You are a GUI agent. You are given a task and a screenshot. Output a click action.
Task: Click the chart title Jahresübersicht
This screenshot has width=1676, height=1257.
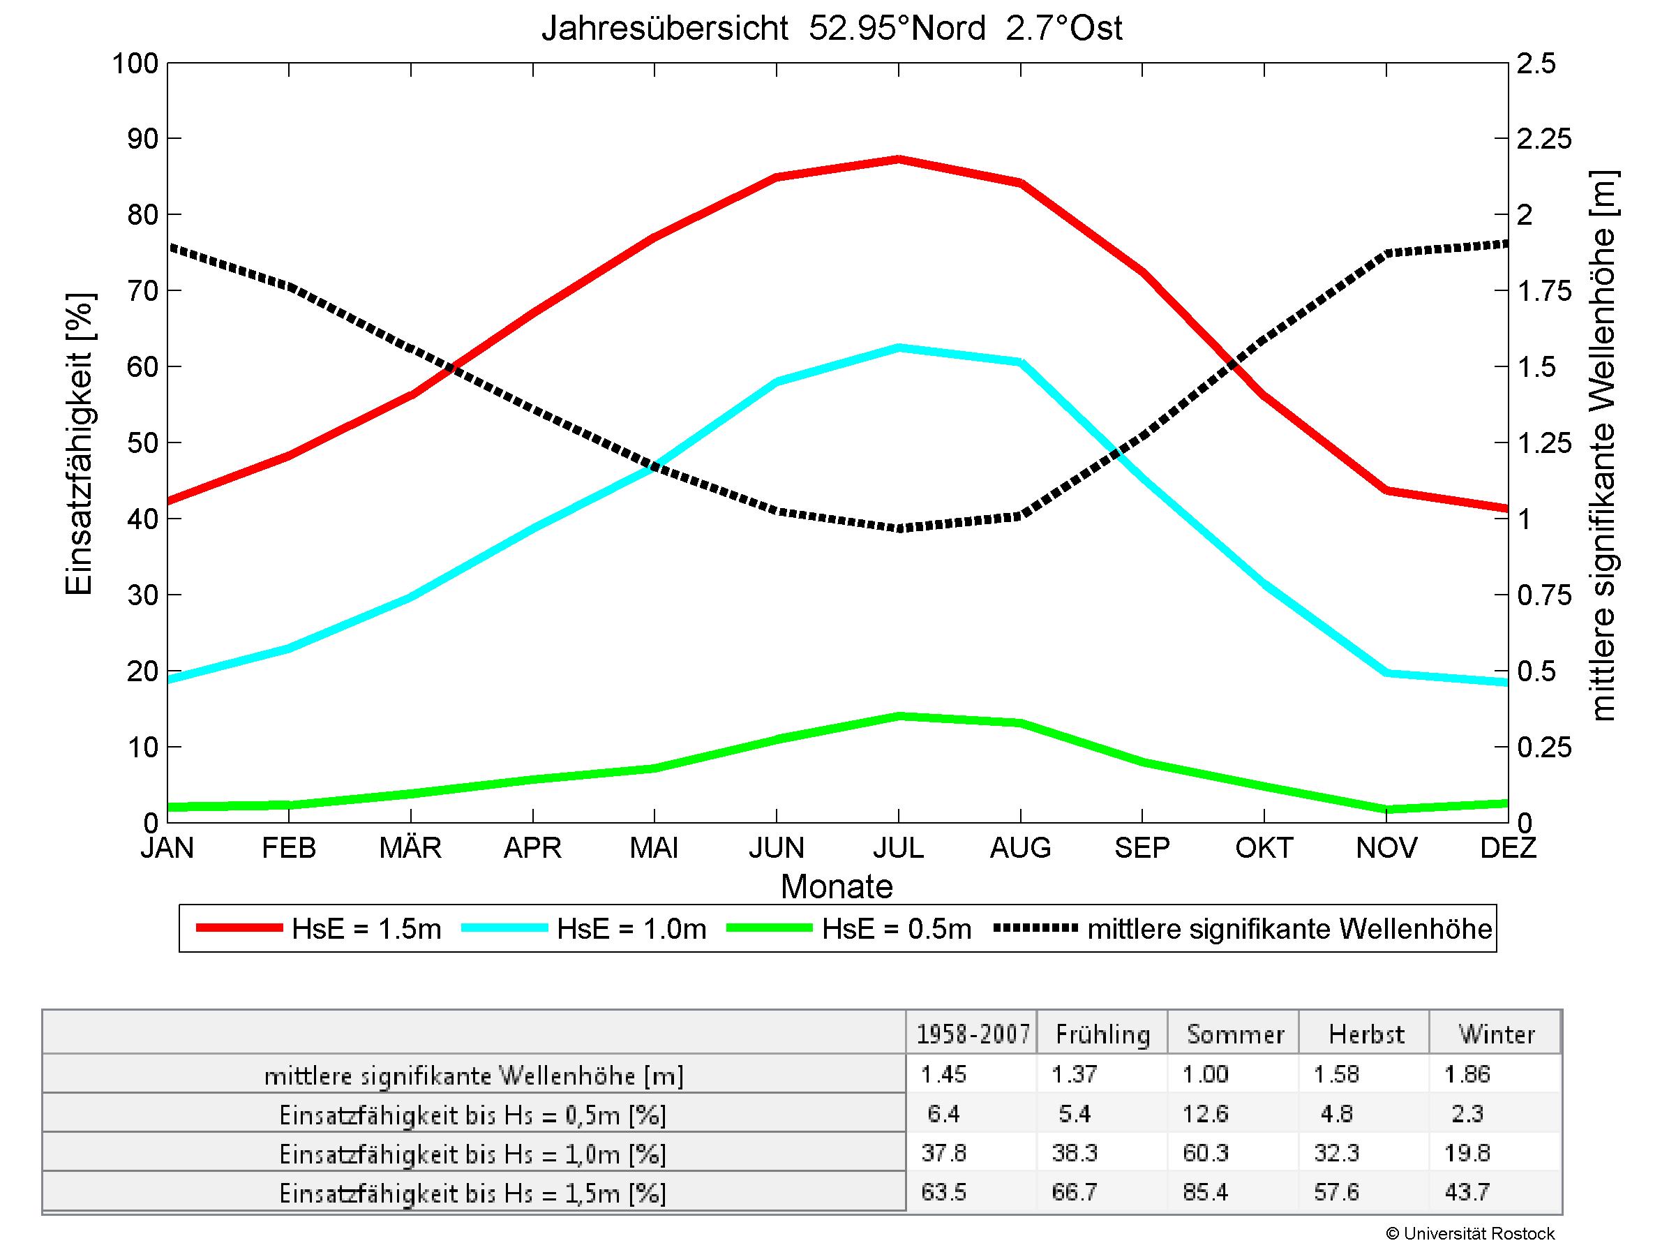831,29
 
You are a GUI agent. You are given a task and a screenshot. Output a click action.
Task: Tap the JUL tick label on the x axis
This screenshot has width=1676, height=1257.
898,848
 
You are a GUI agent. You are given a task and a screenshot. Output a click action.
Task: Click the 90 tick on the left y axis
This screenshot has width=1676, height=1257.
135,140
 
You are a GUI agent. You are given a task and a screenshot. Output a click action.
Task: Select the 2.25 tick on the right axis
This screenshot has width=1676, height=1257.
1545,140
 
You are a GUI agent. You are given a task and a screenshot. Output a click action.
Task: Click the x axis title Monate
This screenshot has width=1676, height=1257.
837,886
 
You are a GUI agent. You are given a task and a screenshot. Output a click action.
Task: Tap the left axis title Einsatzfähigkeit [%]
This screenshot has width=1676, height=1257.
79,444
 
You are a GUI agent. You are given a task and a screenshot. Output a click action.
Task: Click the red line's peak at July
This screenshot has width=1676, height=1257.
899,159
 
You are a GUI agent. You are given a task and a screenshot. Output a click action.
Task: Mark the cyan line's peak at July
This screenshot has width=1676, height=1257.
899,348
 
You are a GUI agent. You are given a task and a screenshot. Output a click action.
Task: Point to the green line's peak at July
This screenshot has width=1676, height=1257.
899,716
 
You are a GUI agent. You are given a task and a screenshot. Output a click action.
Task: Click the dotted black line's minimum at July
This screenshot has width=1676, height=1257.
899,528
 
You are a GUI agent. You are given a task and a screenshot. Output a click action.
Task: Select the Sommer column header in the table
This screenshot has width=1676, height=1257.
1235,1034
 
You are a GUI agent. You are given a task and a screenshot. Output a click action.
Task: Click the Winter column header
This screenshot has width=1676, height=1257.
1497,1034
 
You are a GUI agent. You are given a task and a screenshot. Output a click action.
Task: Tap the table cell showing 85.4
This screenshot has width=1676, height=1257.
1206,1192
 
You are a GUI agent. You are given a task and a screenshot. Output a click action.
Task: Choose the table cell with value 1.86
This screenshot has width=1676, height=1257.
1467,1073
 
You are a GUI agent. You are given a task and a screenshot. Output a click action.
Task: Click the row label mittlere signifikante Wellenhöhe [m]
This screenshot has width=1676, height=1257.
474,1076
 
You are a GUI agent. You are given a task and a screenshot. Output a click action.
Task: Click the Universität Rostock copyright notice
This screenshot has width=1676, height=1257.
1470,1233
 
